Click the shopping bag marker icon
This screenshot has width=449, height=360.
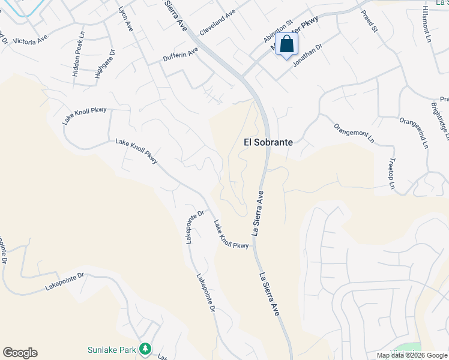click(287, 44)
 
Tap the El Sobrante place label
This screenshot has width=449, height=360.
click(268, 143)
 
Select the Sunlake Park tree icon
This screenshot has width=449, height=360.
click(144, 348)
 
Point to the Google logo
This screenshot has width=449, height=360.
click(20, 353)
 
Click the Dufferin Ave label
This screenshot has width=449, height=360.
click(180, 55)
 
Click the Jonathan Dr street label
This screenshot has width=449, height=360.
click(307, 57)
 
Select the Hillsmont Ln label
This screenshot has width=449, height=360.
click(427, 24)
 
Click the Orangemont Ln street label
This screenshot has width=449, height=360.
click(354, 134)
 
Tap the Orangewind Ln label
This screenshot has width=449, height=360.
click(415, 133)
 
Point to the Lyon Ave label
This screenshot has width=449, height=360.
click(125, 19)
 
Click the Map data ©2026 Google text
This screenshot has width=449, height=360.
click(412, 355)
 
